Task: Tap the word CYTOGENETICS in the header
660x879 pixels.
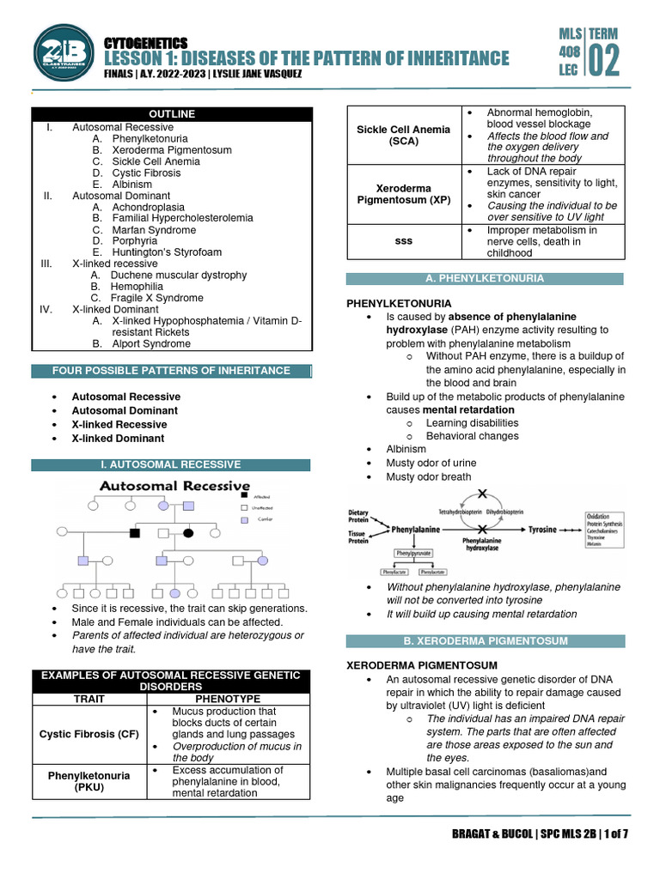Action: (x=145, y=43)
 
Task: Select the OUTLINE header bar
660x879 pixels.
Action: (x=172, y=114)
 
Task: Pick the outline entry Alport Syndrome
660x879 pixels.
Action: (x=151, y=343)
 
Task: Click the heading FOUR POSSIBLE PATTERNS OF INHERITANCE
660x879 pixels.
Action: (x=171, y=371)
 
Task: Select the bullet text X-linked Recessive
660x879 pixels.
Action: (x=119, y=424)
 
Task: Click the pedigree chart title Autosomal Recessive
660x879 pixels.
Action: (x=174, y=487)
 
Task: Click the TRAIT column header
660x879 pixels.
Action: (x=89, y=700)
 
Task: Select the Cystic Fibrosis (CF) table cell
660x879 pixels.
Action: (x=89, y=734)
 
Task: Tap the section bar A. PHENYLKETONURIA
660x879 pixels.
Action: (x=486, y=278)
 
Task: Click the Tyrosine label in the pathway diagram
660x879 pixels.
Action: (x=542, y=530)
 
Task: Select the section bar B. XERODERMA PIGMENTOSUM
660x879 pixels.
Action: (x=486, y=641)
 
